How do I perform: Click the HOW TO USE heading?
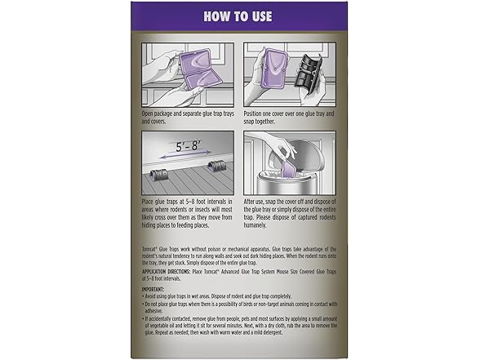[237, 16]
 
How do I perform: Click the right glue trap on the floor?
[217, 167]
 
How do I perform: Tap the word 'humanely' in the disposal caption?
[261, 225]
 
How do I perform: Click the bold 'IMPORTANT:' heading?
[153, 290]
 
